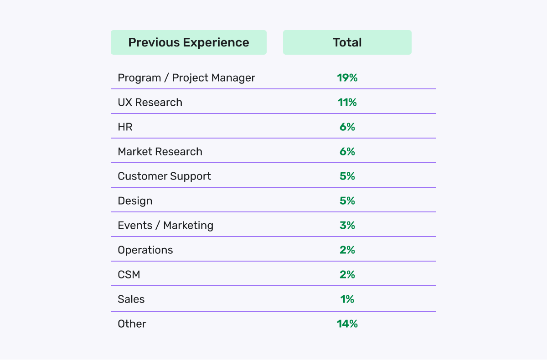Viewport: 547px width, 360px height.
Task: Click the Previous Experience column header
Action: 188,42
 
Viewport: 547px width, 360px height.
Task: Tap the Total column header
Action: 347,42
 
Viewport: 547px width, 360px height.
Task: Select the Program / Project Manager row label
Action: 186,78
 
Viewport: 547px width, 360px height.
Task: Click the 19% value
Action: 347,78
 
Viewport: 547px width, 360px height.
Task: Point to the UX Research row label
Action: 150,103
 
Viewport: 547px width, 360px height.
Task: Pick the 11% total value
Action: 347,103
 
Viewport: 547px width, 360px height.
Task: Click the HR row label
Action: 125,127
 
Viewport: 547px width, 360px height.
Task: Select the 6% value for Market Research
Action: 347,152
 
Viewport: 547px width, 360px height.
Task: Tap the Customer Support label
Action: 164,176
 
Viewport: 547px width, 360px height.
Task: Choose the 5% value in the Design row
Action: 347,201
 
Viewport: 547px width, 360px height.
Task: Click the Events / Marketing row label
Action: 165,226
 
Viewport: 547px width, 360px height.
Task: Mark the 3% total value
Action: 347,226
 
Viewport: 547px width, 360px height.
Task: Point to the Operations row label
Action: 145,250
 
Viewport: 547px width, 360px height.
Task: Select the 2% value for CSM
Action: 347,275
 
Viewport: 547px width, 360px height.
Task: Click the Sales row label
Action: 131,299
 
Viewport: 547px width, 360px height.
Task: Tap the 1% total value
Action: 347,299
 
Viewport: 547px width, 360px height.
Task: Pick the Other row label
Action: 132,324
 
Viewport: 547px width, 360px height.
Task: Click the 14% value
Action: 347,324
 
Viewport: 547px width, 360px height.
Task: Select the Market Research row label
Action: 160,152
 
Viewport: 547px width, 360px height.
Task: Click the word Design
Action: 135,201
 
